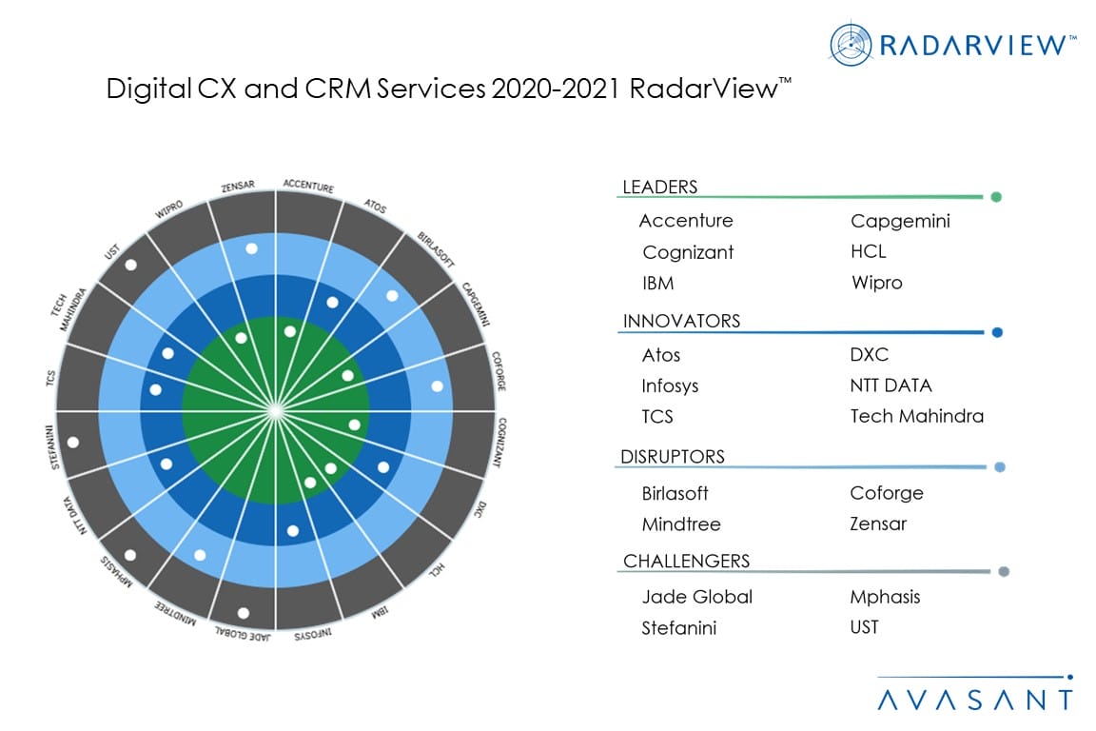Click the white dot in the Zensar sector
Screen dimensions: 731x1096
(251, 248)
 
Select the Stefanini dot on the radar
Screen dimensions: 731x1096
(73, 442)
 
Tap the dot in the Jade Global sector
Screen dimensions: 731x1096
(244, 613)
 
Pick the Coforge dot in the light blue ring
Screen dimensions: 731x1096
(437, 386)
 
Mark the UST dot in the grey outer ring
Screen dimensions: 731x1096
(130, 265)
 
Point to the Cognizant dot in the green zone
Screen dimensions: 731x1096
(354, 425)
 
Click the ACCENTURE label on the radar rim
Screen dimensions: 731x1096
(309, 187)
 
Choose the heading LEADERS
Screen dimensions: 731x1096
(659, 188)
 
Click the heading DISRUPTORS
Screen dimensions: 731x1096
(672, 457)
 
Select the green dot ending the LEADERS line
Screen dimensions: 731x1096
(995, 197)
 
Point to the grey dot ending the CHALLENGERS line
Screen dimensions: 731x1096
(1003, 572)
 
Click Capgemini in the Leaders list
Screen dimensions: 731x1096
(899, 221)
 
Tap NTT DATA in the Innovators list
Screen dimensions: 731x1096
(890, 385)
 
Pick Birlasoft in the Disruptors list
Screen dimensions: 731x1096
(675, 493)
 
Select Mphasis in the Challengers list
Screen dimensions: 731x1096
(885, 597)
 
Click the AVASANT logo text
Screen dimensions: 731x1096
(974, 701)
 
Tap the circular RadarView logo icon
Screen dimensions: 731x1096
(851, 45)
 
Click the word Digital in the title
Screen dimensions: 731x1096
(141, 89)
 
